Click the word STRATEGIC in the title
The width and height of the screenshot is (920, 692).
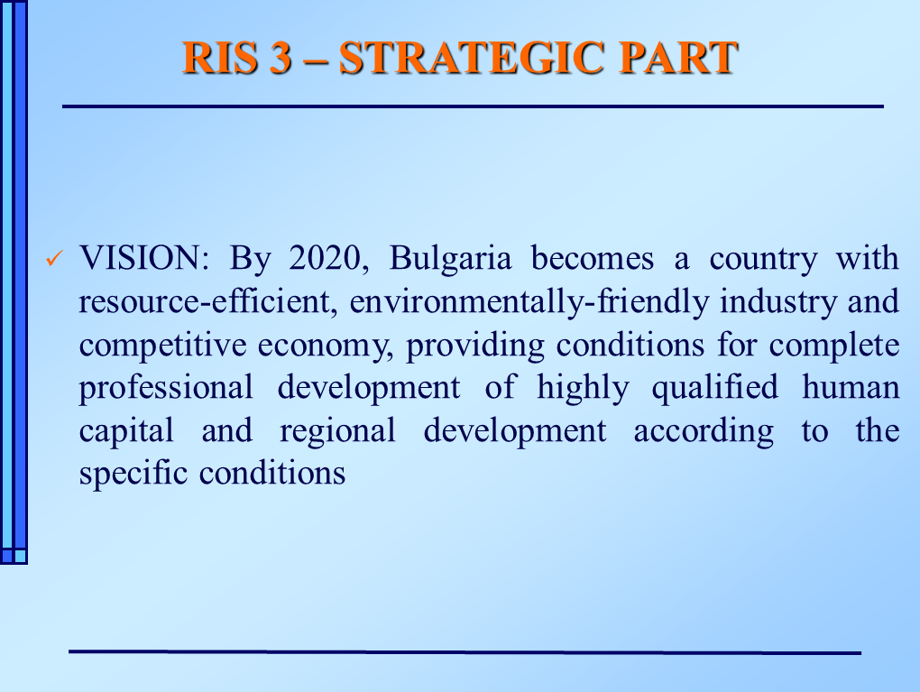472,58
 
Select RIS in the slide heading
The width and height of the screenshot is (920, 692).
220,58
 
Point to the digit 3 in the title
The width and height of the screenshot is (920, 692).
281,58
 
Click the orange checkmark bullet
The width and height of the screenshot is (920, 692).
54,258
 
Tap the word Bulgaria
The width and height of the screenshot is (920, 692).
450,259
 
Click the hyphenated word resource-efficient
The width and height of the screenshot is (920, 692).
207,301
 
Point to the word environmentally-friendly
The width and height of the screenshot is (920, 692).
529,301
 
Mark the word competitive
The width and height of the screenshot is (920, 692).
162,346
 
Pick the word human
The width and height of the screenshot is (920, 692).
851,388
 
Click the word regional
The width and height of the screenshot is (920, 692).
337,432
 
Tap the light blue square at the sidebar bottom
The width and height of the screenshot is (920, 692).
21,555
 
